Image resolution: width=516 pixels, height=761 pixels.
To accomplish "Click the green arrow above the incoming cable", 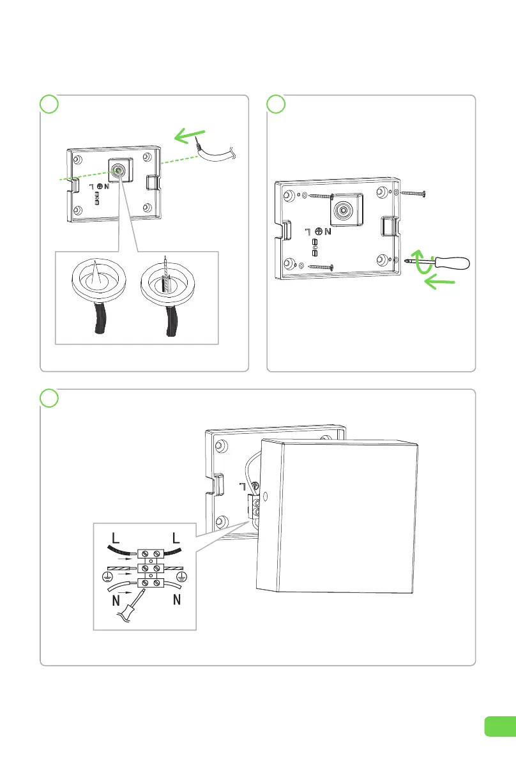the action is (190, 136).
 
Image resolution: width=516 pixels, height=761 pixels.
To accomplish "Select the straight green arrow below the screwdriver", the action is (439, 281).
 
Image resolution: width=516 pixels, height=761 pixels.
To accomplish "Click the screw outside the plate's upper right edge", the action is (413, 193).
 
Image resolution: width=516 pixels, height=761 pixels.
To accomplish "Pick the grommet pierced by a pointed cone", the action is (99, 279).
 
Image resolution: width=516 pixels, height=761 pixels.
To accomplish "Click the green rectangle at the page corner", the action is (500, 726).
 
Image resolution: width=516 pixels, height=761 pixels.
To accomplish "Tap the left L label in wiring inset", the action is (116, 538).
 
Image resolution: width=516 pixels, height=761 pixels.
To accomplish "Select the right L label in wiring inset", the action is (176, 538).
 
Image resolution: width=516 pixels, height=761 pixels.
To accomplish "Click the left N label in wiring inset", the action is (116, 601).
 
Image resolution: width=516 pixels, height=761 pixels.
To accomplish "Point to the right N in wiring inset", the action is (177, 600).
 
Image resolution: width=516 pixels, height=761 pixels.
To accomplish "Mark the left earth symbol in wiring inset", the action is (107, 576).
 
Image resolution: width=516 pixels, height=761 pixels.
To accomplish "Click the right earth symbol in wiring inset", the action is (183, 576).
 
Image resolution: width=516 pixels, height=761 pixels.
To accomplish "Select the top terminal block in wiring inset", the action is (150, 554).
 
